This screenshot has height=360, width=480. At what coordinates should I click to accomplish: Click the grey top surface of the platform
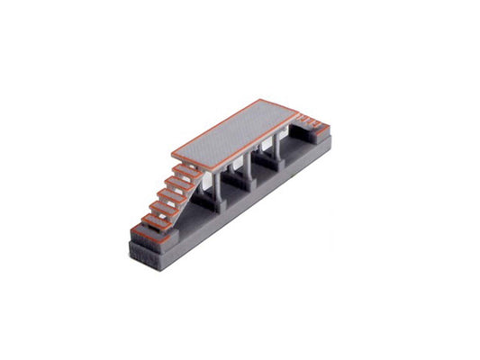(x=236, y=134)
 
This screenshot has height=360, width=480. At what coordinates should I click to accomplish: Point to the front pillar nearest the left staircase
(x=216, y=186)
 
